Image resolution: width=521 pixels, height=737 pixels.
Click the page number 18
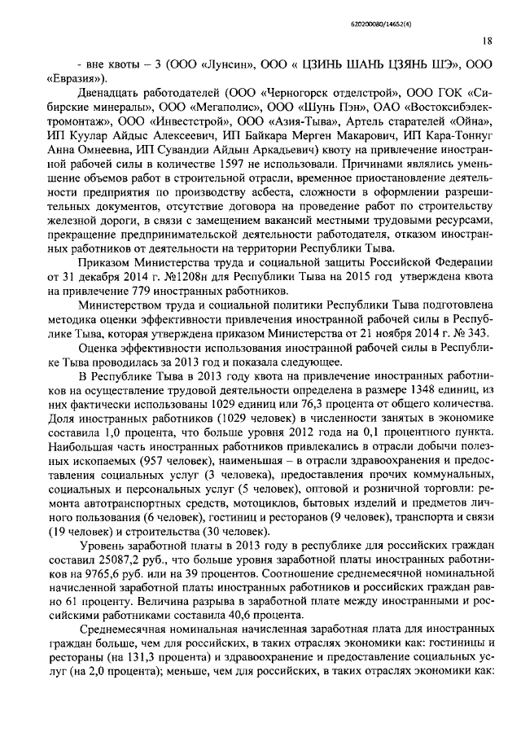click(486, 39)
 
